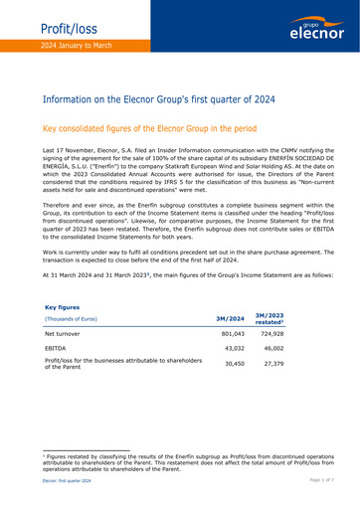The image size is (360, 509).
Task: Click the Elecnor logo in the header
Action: click(x=316, y=31)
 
